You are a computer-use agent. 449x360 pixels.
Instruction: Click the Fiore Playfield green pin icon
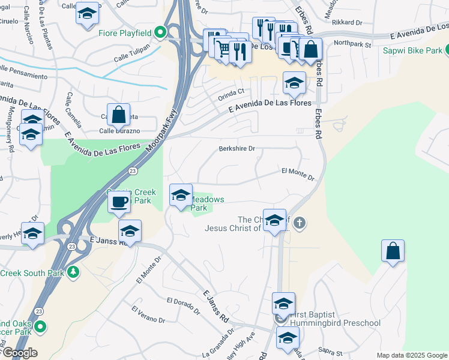[x=160, y=32]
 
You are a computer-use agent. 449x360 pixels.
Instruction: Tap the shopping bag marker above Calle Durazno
[x=119, y=114]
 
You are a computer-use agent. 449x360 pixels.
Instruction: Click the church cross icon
[x=300, y=224]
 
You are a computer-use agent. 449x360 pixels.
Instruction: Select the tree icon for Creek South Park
[x=74, y=272]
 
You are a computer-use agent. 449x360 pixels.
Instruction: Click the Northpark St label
[x=352, y=43]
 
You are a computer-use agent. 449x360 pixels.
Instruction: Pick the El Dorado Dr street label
[x=183, y=306]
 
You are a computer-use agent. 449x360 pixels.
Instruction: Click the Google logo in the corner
[x=19, y=353]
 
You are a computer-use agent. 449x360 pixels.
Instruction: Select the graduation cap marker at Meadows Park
[x=181, y=196]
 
